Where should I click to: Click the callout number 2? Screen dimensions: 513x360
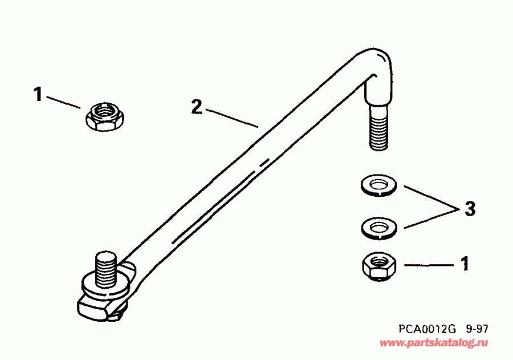(196, 107)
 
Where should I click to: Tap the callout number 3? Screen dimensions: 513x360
(468, 209)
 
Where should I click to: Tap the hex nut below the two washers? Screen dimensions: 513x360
(377, 266)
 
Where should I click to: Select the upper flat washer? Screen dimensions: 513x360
(377, 185)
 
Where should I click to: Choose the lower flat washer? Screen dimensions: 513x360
(377, 227)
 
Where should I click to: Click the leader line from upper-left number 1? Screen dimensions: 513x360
(64, 102)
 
